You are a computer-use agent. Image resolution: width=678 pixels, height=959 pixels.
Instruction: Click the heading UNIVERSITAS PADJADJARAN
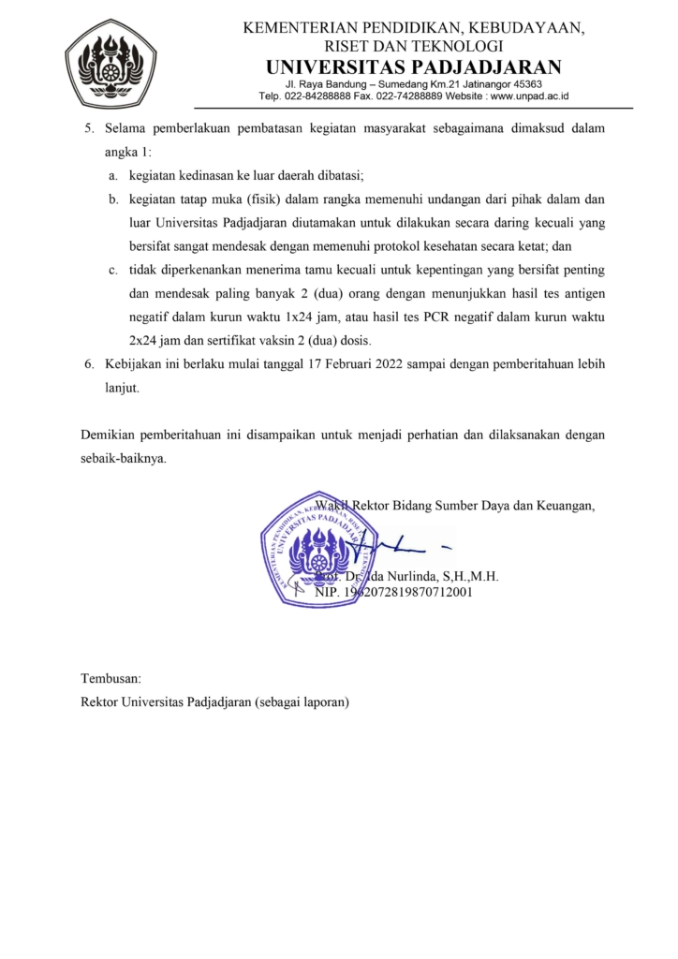(413, 66)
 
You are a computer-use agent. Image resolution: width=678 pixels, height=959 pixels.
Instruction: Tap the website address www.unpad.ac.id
(530, 96)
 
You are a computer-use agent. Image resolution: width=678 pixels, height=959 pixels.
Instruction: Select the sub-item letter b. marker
(111, 199)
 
